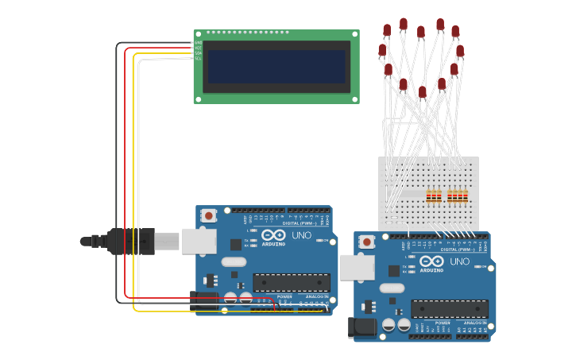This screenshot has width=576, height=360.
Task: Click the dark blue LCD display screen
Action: click(276, 67)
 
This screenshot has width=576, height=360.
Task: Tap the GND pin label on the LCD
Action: click(198, 43)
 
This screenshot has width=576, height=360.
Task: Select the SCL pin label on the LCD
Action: click(198, 58)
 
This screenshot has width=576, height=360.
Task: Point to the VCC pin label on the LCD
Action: click(198, 48)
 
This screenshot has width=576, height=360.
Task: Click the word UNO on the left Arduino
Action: click(302, 236)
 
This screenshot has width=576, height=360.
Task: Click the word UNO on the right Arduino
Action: click(460, 261)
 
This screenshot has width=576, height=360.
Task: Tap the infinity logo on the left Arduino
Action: click(273, 236)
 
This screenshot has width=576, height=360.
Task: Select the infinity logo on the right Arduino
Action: click(431, 261)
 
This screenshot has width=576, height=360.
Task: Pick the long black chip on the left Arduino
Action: click(292, 282)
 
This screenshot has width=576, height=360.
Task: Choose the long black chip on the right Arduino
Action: click(450, 308)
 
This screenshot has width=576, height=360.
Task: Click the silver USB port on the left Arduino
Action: click(199, 241)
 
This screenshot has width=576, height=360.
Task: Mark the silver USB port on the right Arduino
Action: click(357, 267)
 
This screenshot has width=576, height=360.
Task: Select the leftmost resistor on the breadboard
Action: click(429, 195)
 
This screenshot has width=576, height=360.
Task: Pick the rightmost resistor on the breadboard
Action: click(466, 195)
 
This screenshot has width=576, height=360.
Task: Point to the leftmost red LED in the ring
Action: click(382, 51)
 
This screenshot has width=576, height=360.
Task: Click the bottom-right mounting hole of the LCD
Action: click(354, 99)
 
